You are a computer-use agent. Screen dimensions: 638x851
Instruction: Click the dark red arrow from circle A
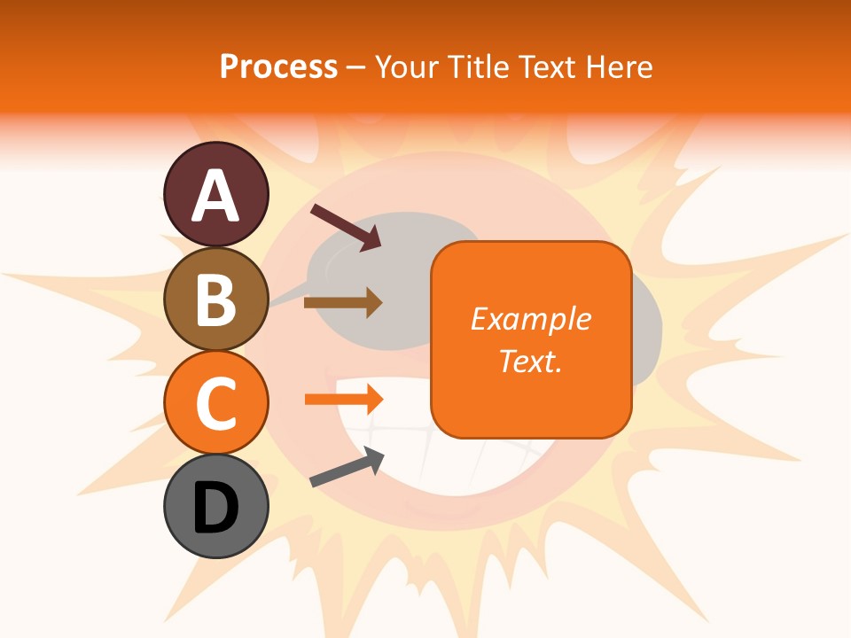click(345, 227)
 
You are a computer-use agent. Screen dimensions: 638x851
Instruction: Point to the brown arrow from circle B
click(342, 302)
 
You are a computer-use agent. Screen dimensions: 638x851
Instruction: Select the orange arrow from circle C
click(343, 399)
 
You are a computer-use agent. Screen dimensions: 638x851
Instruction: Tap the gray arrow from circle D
click(347, 468)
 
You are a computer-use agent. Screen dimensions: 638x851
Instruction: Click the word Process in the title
click(278, 67)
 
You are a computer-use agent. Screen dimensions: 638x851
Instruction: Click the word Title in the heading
click(478, 67)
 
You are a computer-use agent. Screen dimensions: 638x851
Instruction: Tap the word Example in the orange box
click(530, 319)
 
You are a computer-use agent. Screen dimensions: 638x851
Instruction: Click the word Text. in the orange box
click(530, 361)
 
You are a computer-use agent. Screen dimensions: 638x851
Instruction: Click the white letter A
click(216, 196)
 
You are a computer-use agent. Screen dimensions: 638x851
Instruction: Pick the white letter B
click(216, 300)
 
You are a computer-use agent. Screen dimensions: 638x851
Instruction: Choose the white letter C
click(216, 404)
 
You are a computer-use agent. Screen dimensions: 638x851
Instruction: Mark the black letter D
click(216, 509)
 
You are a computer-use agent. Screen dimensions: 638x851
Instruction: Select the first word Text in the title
click(549, 67)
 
